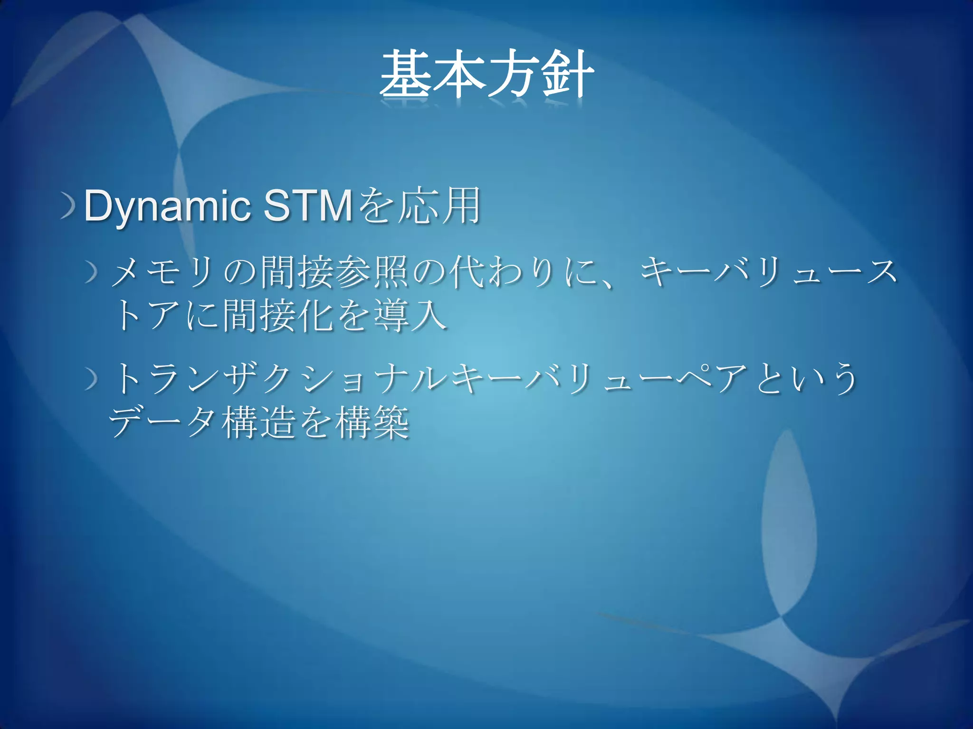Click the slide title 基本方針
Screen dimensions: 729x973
(x=486, y=76)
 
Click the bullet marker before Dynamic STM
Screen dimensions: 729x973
(x=68, y=207)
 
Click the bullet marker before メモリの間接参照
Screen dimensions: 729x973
(x=92, y=274)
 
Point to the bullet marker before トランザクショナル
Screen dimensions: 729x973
(x=92, y=380)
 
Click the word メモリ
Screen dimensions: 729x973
(x=162, y=273)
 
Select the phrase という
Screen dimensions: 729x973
(x=808, y=379)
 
